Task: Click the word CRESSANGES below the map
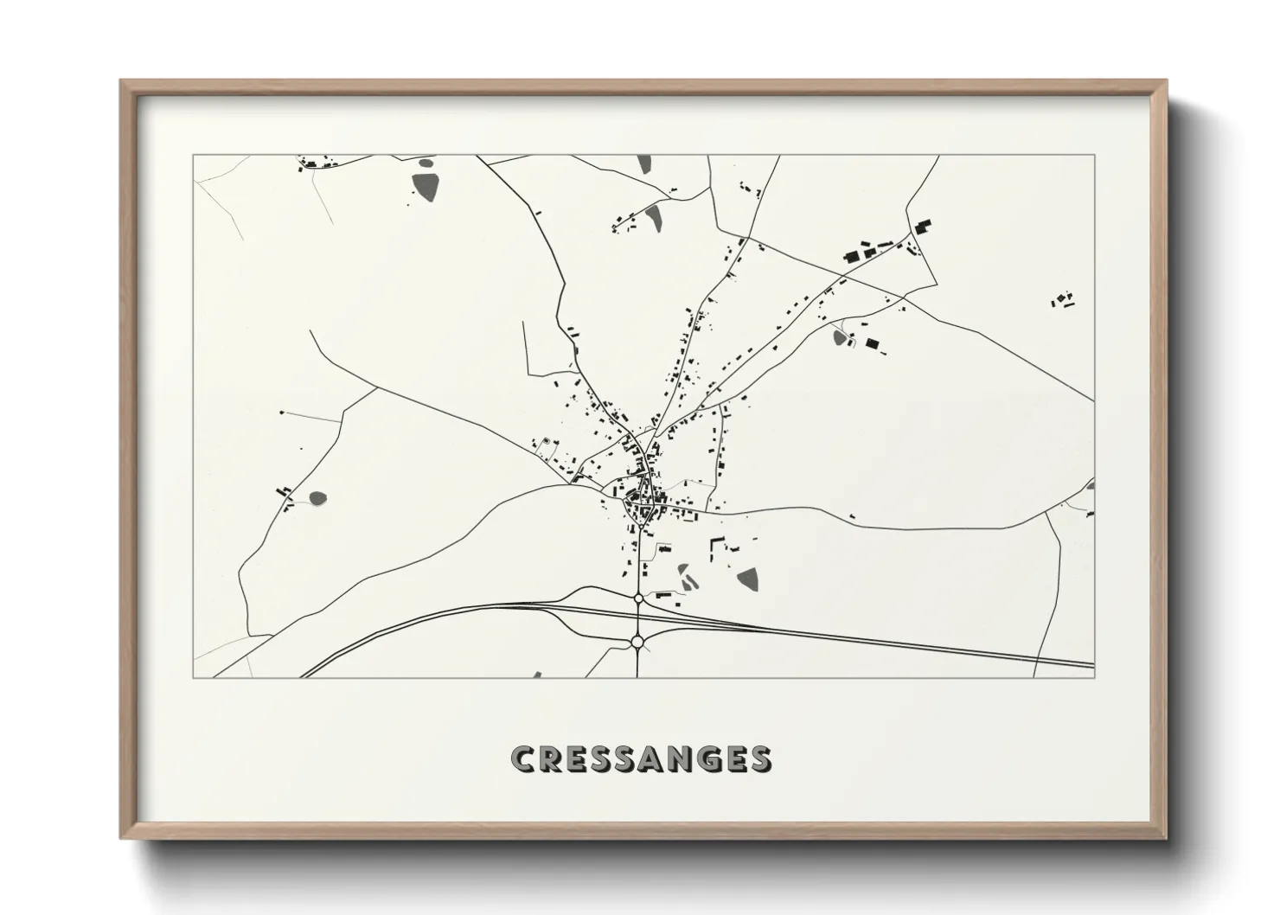point(641,758)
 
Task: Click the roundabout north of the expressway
point(638,598)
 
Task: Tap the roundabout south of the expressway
point(637,642)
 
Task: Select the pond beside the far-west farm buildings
point(318,498)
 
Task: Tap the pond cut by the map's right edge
point(1090,486)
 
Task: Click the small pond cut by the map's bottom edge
point(537,675)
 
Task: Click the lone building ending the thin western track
point(282,413)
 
